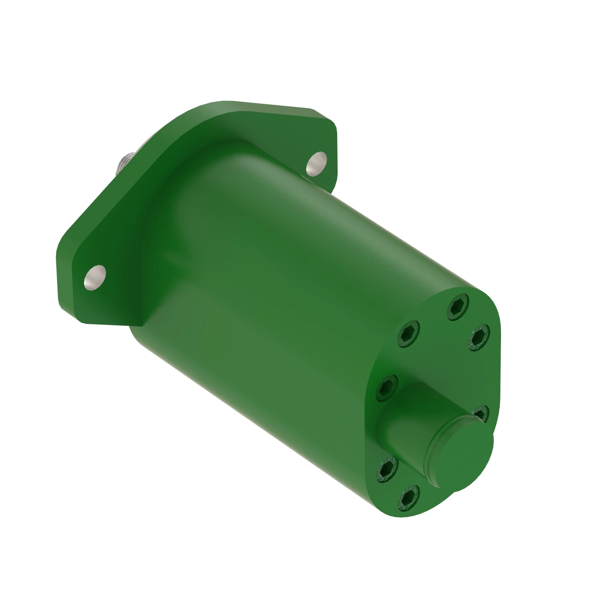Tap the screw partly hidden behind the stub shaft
481,413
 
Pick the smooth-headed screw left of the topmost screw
409,334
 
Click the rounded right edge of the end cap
498,362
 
